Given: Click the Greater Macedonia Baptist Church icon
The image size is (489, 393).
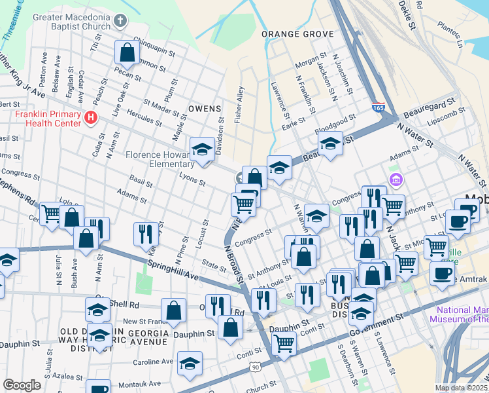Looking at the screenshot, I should point(120,21).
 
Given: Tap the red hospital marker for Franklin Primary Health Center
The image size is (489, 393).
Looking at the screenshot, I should point(91,118).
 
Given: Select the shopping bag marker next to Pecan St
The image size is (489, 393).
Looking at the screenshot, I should point(127,53).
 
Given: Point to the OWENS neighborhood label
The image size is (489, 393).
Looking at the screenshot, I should point(205,108).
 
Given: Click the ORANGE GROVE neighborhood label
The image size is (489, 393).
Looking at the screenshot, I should point(293,33).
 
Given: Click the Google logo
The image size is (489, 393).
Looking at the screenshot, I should point(22,385).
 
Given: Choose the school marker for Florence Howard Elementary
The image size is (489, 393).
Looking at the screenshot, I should point(202,150).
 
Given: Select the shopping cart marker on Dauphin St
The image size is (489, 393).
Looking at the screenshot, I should point(284,342).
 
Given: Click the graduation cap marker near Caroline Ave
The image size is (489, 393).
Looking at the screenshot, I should point(190,364).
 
